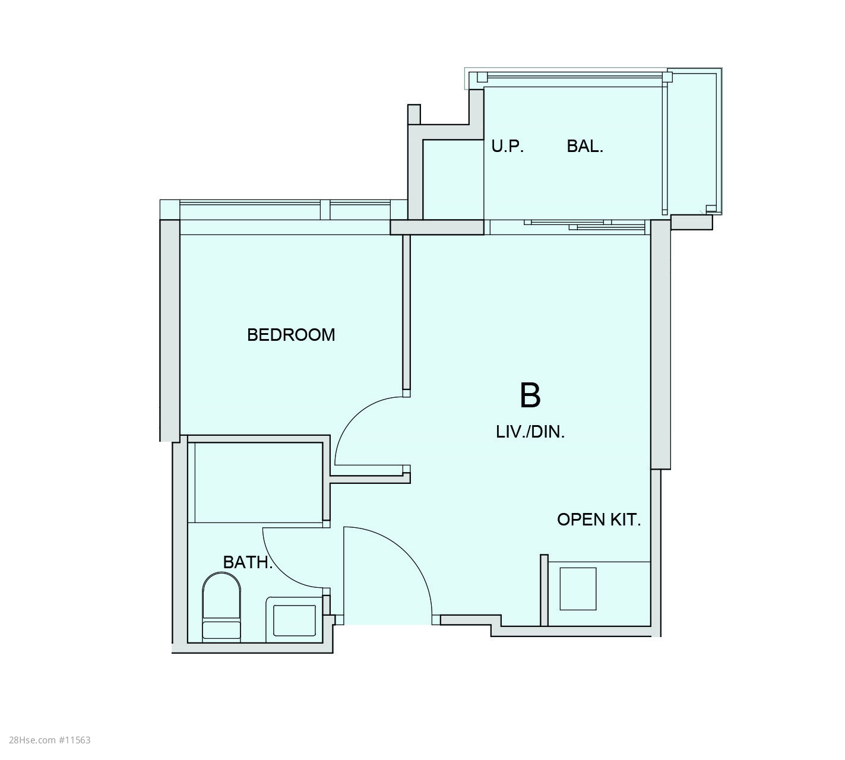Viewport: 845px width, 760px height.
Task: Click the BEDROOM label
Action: (291, 335)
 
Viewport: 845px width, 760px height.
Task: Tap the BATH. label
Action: (248, 562)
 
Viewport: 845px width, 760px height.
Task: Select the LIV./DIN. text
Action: (530, 432)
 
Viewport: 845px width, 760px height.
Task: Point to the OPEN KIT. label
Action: (599, 520)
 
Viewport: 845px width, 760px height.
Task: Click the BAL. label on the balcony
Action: (585, 146)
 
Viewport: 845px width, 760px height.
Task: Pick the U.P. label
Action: (508, 146)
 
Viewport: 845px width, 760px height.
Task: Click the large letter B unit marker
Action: (530, 395)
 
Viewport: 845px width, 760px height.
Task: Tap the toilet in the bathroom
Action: (221, 607)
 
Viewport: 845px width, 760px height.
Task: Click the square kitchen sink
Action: (578, 589)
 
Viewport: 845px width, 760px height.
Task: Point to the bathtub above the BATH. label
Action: (257, 482)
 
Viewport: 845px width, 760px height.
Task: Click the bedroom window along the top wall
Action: (283, 210)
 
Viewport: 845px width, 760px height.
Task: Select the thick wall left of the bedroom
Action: (170, 331)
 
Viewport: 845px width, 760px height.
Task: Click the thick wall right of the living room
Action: (660, 344)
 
